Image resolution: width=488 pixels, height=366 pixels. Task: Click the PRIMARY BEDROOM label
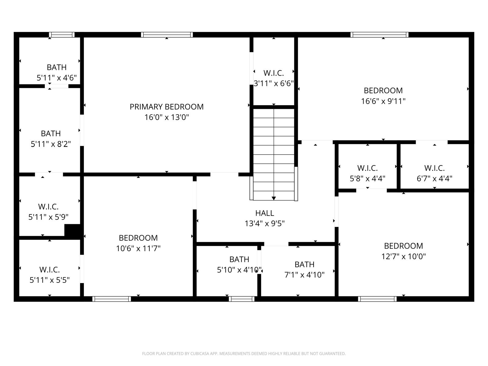click(x=167, y=107)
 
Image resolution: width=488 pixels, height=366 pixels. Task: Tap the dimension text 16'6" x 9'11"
click(x=383, y=101)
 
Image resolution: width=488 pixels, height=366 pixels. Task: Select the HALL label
click(x=264, y=213)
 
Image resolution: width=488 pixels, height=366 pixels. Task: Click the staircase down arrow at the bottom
click(x=274, y=198)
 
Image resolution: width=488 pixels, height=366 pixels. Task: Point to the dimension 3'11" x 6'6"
click(x=274, y=83)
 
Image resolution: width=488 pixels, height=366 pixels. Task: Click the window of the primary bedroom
click(x=167, y=35)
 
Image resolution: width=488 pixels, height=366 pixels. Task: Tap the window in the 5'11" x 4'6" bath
click(x=62, y=35)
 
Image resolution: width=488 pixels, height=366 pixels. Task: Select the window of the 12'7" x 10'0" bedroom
click(x=377, y=299)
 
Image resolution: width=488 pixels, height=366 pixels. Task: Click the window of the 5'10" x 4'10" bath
click(x=242, y=299)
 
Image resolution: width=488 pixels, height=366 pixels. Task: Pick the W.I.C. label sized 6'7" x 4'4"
click(x=434, y=168)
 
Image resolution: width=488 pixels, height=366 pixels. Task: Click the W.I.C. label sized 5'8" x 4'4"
click(x=367, y=168)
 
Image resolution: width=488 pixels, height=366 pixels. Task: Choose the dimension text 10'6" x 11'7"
click(x=138, y=248)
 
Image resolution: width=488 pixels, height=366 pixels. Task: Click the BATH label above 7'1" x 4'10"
click(x=304, y=264)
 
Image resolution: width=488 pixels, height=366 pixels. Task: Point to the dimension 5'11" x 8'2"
click(x=51, y=144)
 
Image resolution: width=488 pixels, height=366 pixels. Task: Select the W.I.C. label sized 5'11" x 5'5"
click(x=49, y=270)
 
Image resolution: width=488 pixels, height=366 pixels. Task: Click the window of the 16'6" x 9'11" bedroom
click(x=379, y=35)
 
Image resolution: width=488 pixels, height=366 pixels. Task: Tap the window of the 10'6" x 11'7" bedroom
click(x=112, y=299)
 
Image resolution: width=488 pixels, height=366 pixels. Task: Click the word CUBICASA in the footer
click(x=199, y=354)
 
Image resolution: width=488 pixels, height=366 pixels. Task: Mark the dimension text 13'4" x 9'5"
click(x=264, y=224)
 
